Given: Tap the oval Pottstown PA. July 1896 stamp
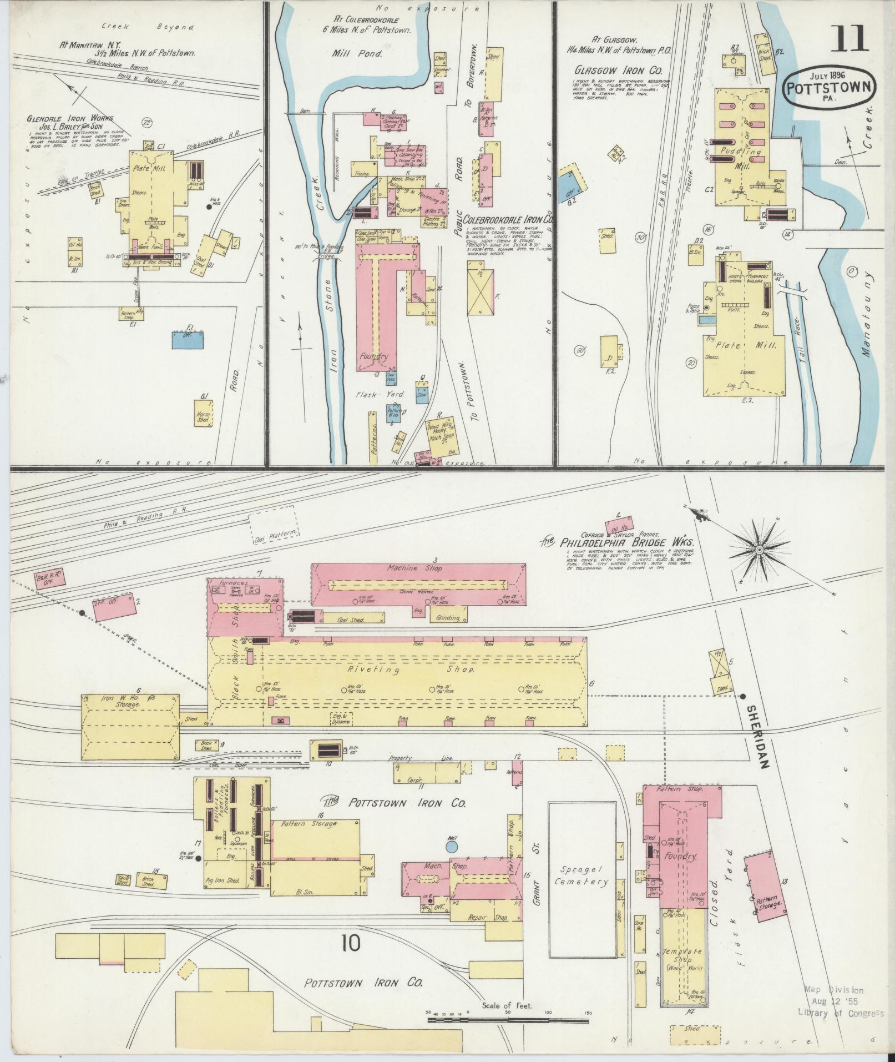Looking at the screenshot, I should (x=831, y=88).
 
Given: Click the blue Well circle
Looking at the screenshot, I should (x=452, y=862).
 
